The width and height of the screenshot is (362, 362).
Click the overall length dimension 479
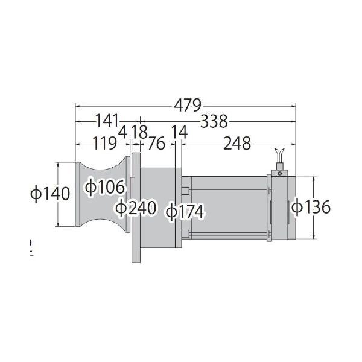(x=188, y=106)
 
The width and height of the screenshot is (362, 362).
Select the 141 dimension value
(x=107, y=121)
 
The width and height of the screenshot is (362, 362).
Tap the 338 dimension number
(x=214, y=121)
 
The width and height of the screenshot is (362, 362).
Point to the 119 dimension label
(x=105, y=143)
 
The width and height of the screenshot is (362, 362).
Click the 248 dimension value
(x=237, y=144)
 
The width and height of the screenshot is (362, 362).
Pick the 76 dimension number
(x=157, y=144)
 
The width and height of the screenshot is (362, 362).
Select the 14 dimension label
(x=179, y=132)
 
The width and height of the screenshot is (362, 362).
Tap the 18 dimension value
(x=139, y=132)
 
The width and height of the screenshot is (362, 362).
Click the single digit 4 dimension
(x=122, y=132)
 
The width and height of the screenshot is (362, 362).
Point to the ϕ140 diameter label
(x=50, y=194)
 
